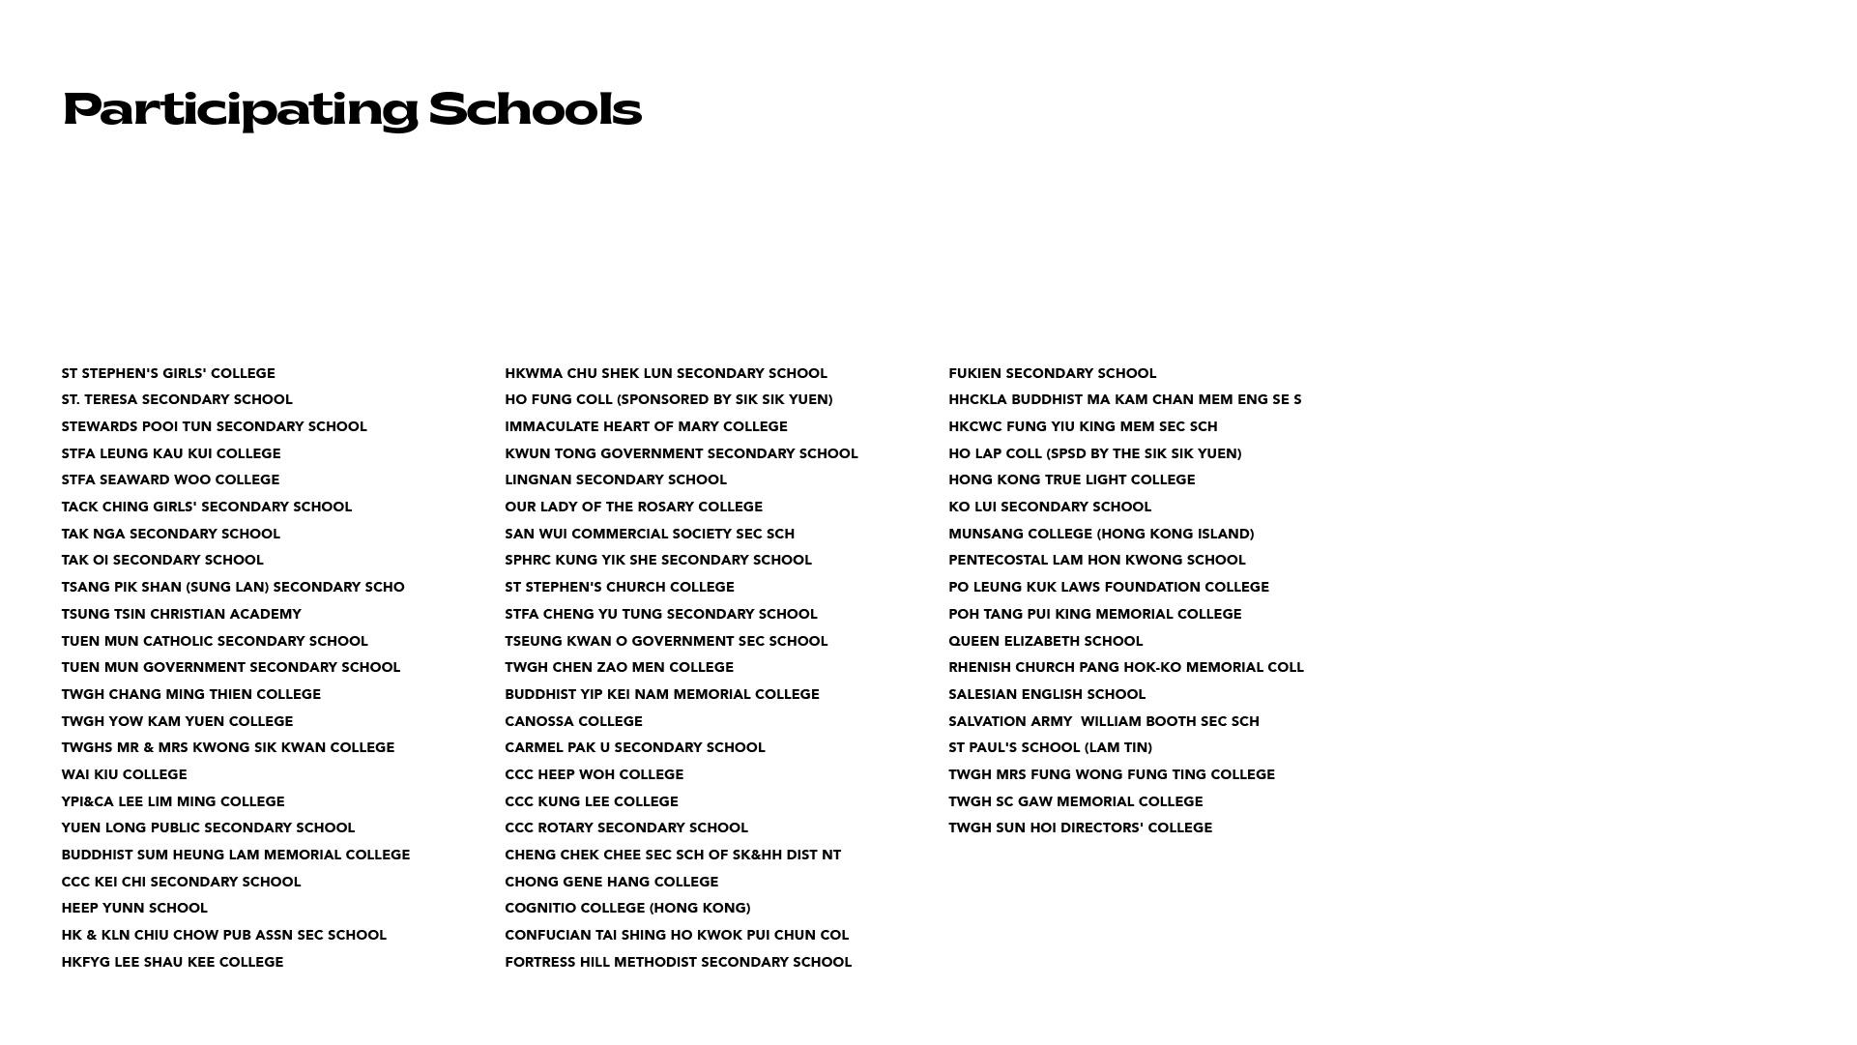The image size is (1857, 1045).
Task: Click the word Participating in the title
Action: tap(240, 109)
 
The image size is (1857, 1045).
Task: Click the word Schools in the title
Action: tap(535, 109)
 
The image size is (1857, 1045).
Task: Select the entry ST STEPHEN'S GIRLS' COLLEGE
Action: tap(168, 373)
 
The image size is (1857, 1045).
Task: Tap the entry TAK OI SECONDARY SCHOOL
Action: tap(162, 560)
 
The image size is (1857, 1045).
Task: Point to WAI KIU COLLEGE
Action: tap(124, 774)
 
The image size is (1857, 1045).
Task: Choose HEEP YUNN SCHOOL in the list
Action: tap(134, 908)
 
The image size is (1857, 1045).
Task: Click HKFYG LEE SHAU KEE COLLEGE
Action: tap(172, 962)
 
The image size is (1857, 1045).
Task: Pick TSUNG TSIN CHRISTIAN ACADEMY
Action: tap(181, 614)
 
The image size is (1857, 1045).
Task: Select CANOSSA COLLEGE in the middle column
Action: tap(573, 721)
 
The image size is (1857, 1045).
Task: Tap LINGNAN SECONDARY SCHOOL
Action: tap(615, 479)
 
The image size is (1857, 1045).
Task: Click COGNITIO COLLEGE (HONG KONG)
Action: tap(627, 908)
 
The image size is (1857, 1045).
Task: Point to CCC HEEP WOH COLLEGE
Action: tap(594, 774)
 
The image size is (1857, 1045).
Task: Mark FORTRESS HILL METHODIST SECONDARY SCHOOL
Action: tap(678, 962)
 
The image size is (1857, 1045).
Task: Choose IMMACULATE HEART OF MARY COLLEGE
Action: tap(646, 426)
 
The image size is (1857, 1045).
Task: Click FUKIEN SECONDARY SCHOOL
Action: tap(1052, 373)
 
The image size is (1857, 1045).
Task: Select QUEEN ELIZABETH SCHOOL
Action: tap(1045, 641)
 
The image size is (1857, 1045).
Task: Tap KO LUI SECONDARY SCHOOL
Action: tap(1049, 507)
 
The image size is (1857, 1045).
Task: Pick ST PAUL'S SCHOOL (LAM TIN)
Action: tap(1050, 747)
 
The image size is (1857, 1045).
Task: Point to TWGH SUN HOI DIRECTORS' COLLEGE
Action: tap(1080, 827)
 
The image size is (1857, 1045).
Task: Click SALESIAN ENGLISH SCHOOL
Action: tap(1046, 694)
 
